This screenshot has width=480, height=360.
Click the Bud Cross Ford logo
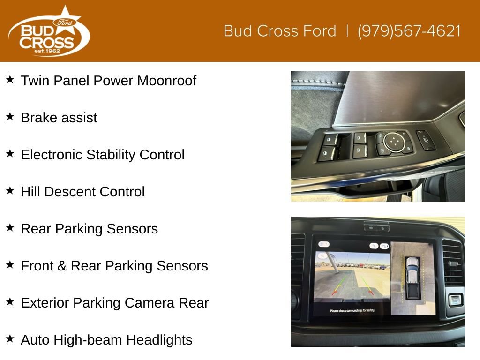(49, 31)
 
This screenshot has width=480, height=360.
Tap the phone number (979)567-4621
(409, 31)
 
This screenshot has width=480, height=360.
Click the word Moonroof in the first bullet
(167, 81)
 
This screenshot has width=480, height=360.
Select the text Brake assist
(59, 118)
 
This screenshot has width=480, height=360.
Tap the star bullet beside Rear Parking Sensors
(10, 227)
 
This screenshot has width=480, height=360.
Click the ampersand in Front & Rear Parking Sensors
(62, 266)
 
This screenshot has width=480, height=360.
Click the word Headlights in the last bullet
(159, 340)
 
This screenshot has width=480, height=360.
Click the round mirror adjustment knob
(394, 142)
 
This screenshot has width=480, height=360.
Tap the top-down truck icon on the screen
(412, 277)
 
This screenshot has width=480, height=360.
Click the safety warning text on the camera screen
(352, 311)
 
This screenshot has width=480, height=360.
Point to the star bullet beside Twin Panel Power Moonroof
(10, 79)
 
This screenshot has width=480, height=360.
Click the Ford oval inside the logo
(65, 22)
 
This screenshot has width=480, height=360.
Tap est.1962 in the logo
(47, 51)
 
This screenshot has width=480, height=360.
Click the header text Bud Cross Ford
(280, 31)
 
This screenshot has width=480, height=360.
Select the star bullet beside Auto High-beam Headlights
(10, 338)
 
